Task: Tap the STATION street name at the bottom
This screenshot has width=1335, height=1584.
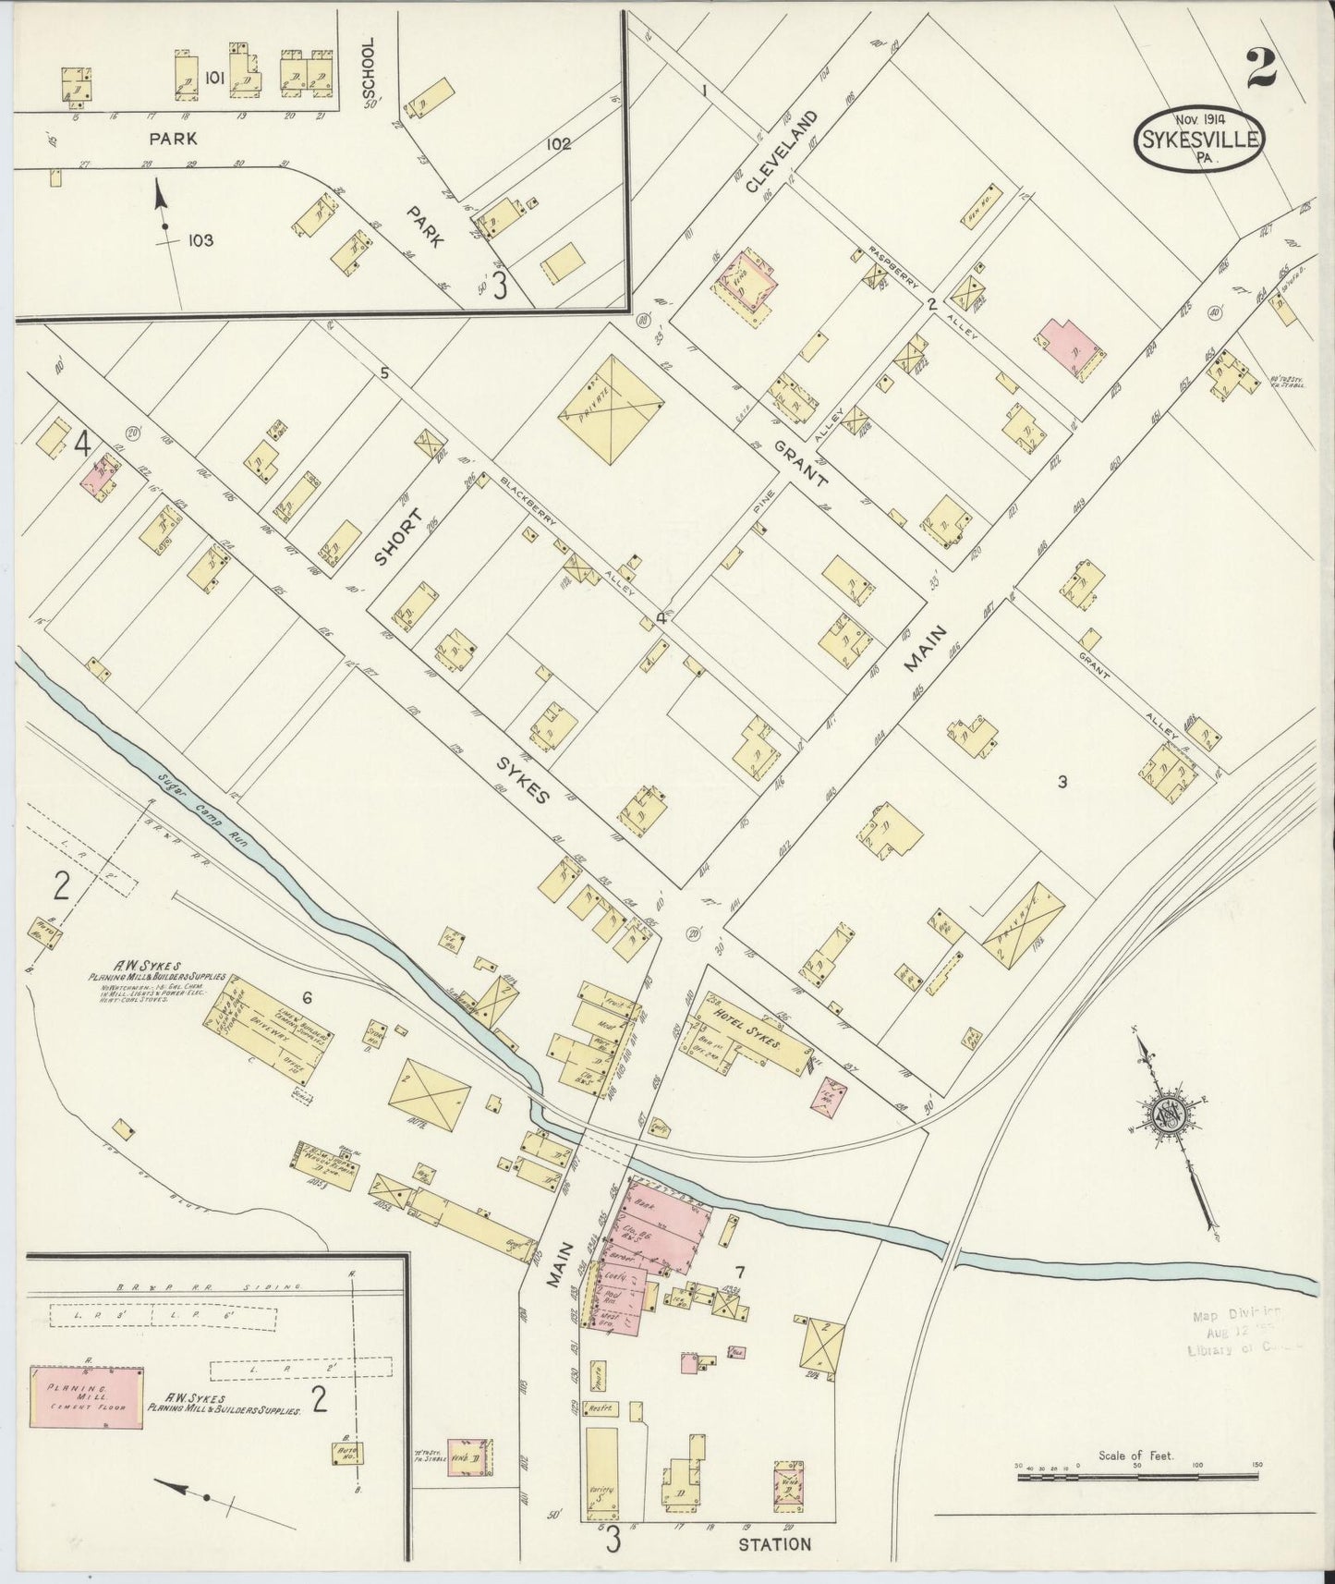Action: (774, 1542)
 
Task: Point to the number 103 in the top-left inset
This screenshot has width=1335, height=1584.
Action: (200, 240)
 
